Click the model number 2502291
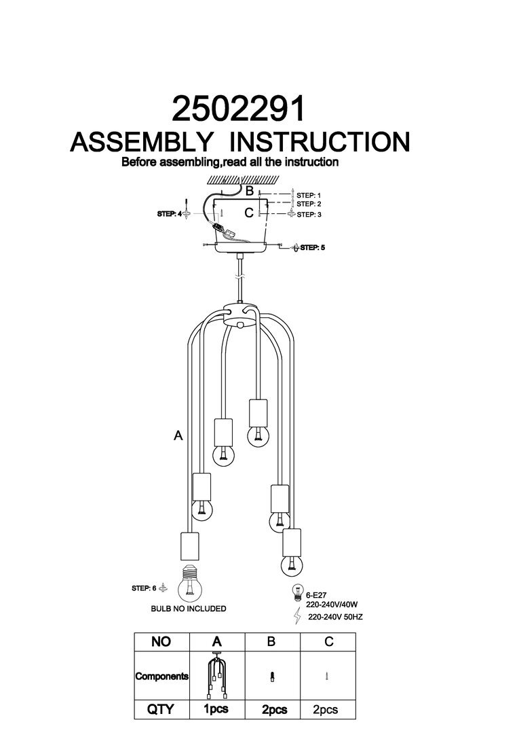click(x=239, y=109)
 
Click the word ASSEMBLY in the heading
click(x=141, y=142)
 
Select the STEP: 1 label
click(x=309, y=196)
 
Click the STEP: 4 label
click(x=170, y=214)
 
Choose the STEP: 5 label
click(x=313, y=248)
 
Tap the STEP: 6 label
click(x=145, y=588)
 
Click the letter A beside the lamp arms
click(x=178, y=436)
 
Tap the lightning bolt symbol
click(x=296, y=617)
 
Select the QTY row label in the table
click(x=161, y=710)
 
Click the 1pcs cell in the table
click(x=216, y=710)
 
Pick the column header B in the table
click(x=273, y=641)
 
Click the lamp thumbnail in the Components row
click(x=216, y=676)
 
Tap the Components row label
click(x=161, y=677)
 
